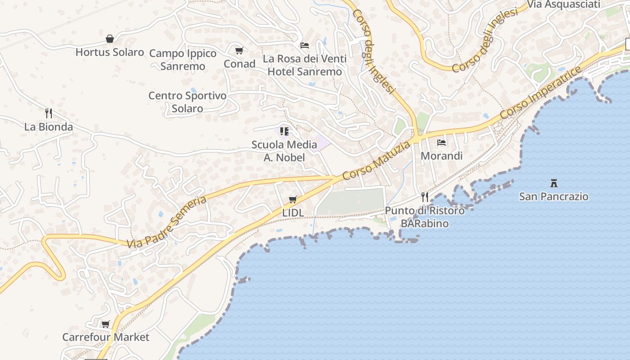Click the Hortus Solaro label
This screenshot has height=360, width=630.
pyautogui.click(x=109, y=52)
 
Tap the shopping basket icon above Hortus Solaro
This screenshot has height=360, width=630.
pyautogui.click(x=109, y=39)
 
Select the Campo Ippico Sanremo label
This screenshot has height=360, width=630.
pyautogui.click(x=183, y=59)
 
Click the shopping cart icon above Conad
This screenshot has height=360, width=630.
pyautogui.click(x=239, y=51)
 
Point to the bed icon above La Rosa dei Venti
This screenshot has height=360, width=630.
pyautogui.click(x=305, y=45)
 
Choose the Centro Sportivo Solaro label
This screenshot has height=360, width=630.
pyautogui.click(x=187, y=102)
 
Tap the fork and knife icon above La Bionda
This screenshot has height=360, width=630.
pyautogui.click(x=49, y=113)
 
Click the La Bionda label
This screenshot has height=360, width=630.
pyautogui.click(x=49, y=127)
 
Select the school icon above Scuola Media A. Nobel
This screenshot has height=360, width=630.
pyautogui.click(x=284, y=131)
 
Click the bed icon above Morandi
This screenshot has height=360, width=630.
pyautogui.click(x=441, y=143)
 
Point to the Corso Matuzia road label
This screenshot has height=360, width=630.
pyautogui.click(x=376, y=161)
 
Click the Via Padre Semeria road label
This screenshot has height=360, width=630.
pyautogui.click(x=166, y=222)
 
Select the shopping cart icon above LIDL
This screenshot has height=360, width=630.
pyautogui.click(x=293, y=199)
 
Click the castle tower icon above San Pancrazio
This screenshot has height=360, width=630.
pyautogui.click(x=554, y=183)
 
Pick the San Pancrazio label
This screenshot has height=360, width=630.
pyautogui.click(x=554, y=197)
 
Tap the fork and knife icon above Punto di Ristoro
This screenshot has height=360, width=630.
pyautogui.click(x=424, y=197)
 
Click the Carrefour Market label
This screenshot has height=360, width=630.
pyautogui.click(x=106, y=337)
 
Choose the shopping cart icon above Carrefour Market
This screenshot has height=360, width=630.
pyautogui.click(x=106, y=324)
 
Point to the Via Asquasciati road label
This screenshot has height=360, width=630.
pyautogui.click(x=564, y=4)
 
